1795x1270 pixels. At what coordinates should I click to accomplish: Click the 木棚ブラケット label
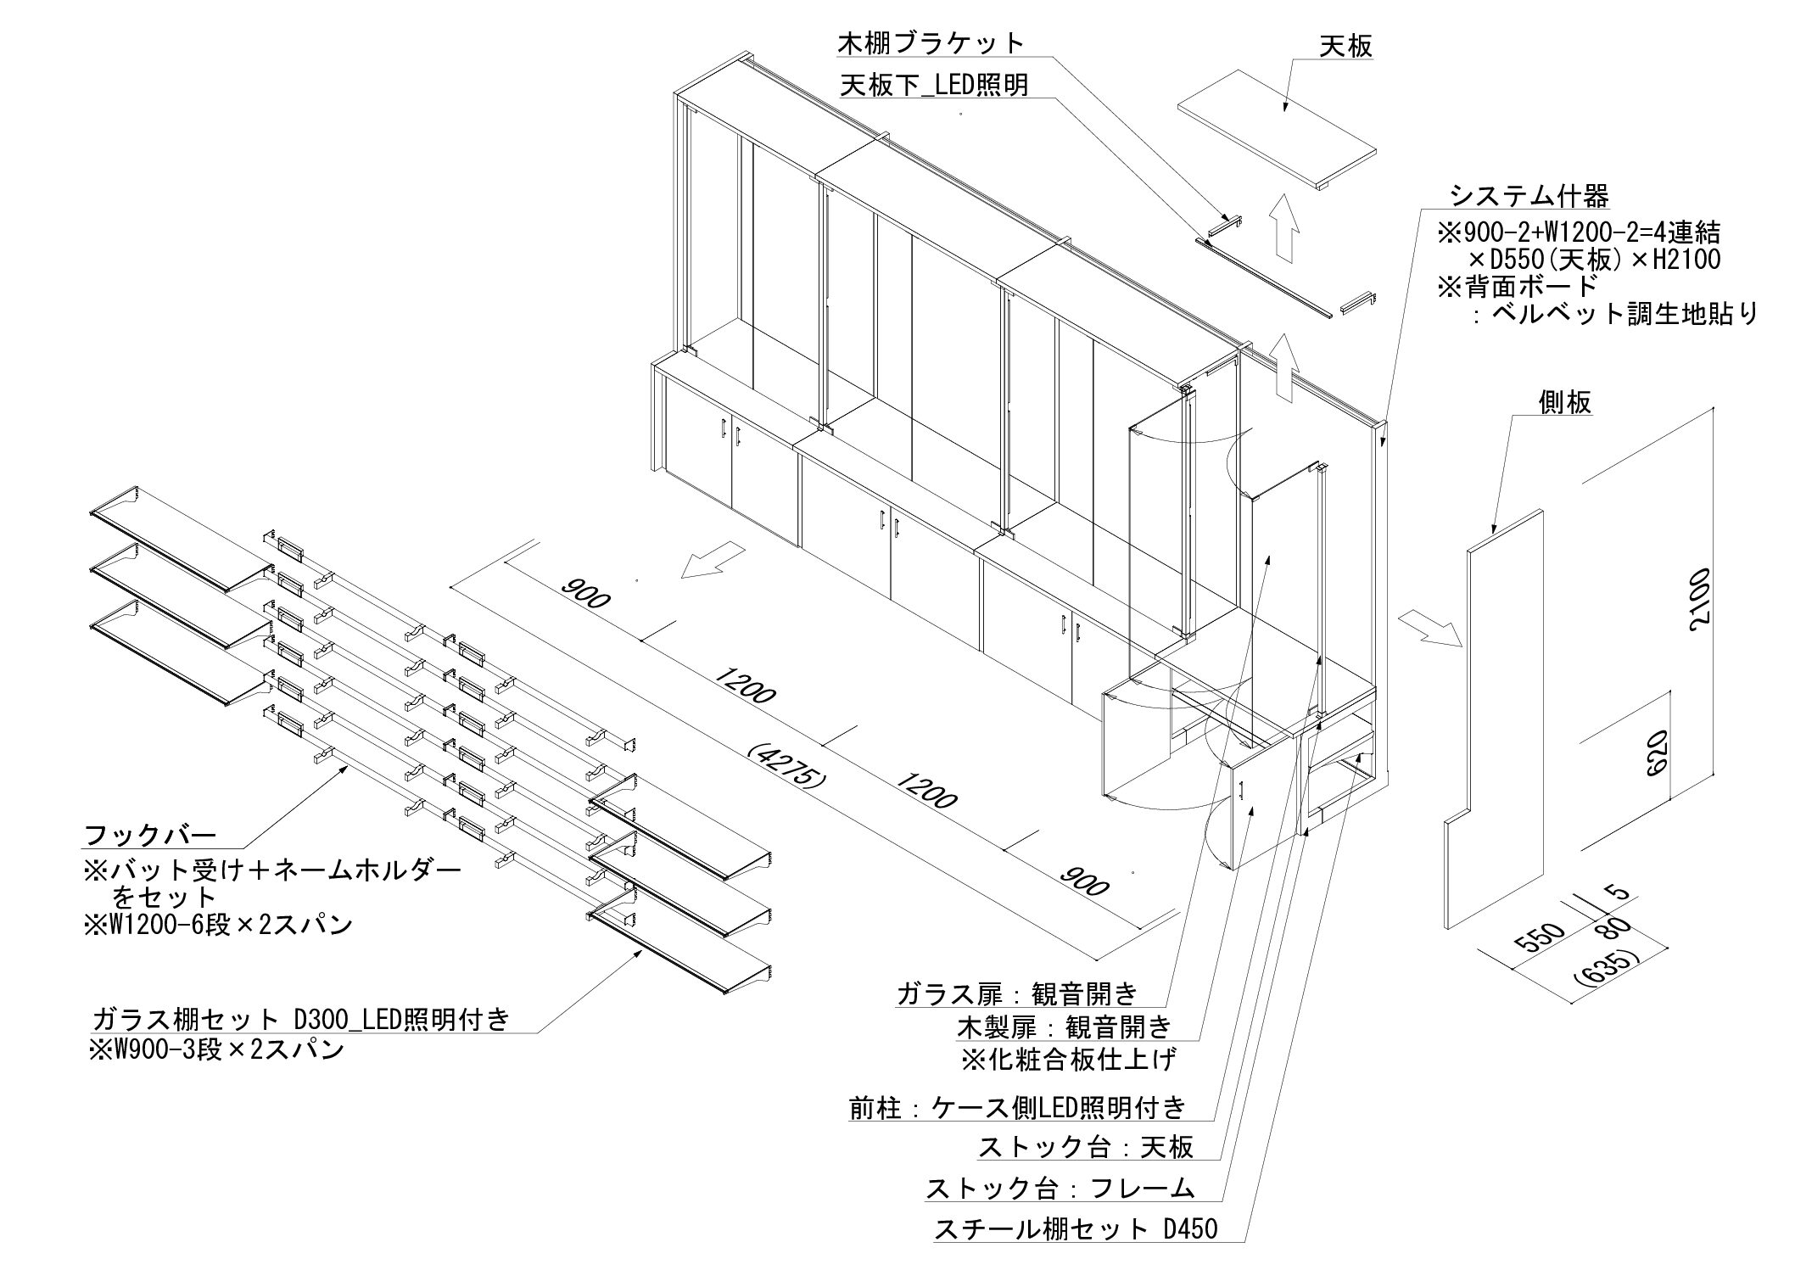coord(931,42)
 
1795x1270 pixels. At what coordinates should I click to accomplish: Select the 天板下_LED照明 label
coord(933,85)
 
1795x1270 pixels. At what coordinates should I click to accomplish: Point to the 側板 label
coord(1565,402)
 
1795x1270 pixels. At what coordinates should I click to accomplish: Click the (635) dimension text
coord(1606,967)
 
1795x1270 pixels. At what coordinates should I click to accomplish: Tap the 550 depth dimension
coord(1537,939)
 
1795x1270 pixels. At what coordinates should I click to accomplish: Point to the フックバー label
coord(150,835)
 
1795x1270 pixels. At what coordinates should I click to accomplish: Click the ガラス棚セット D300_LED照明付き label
coord(300,1018)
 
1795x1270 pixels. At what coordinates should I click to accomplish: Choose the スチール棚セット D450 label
coord(1076,1229)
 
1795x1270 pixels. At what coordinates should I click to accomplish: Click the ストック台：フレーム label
coord(1060,1189)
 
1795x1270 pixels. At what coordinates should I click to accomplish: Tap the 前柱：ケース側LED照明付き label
coord(1017,1107)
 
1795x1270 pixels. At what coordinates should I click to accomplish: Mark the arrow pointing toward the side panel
coord(1430,629)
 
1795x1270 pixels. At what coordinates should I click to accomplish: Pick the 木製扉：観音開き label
coord(1065,1027)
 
